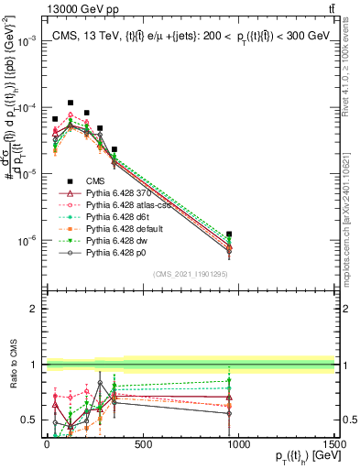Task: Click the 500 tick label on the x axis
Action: pos(142,443)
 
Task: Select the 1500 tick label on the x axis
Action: pos(333,443)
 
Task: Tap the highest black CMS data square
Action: pos(71,104)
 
